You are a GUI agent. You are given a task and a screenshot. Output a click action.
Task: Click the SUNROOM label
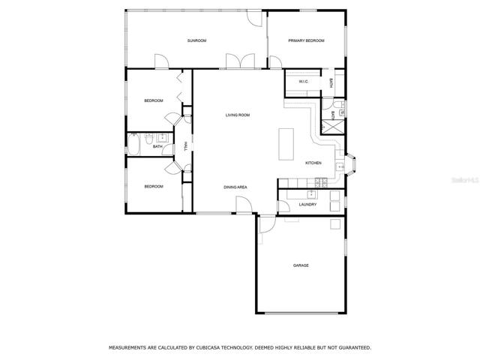coord(196,40)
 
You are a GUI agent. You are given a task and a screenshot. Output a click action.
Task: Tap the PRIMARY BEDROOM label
coord(306,40)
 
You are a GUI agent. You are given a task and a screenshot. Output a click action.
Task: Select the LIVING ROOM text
coord(238,115)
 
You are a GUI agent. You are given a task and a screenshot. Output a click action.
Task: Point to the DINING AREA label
coord(235,187)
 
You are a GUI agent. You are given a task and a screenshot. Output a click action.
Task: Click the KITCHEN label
coord(313,163)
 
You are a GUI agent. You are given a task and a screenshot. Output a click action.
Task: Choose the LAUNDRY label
coord(307,204)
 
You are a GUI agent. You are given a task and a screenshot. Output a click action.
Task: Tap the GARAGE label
coord(301,265)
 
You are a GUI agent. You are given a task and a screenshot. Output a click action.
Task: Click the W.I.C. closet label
coord(303,82)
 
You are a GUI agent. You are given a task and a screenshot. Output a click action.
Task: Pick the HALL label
coord(185,146)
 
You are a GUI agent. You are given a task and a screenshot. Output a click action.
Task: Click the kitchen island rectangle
coord(286,144)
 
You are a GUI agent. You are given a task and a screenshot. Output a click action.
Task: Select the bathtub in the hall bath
coord(133,144)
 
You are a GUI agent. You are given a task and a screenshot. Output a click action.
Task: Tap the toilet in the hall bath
coord(149,139)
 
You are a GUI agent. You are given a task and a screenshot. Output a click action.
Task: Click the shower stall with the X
coord(332,127)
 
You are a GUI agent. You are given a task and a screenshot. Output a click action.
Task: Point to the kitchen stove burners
coord(321,183)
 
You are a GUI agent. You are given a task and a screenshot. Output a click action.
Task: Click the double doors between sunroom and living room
coord(241,61)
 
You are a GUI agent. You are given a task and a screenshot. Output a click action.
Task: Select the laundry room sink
coord(312,194)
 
